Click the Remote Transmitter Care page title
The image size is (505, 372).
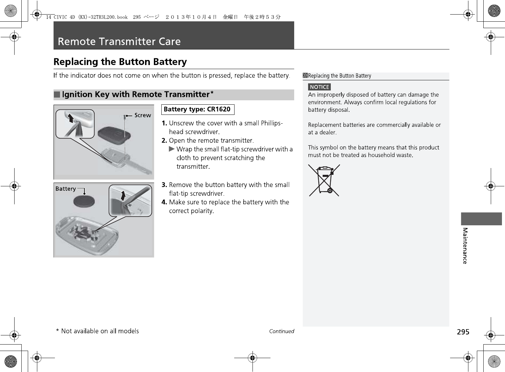pyautogui.click(x=119, y=41)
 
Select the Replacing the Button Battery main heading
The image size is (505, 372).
pyautogui.click(x=120, y=62)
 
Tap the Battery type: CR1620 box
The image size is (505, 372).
pyautogui.click(x=197, y=109)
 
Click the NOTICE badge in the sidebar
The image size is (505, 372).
pyautogui.click(x=319, y=87)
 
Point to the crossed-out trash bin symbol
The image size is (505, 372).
pyautogui.click(x=324, y=180)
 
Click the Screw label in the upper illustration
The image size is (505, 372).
pyautogui.click(x=142, y=115)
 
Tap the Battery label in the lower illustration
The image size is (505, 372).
pyautogui.click(x=65, y=189)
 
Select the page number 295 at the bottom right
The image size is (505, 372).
pyautogui.click(x=463, y=332)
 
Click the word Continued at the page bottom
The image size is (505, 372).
pyautogui.click(x=281, y=331)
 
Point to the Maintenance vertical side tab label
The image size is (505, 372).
pyautogui.click(x=465, y=246)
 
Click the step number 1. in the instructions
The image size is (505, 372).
pyautogui.click(x=164, y=123)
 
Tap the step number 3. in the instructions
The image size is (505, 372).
pyautogui.click(x=164, y=185)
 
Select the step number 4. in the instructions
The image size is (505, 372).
pyautogui.click(x=164, y=202)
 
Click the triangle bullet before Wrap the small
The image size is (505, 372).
pyautogui.click(x=172, y=149)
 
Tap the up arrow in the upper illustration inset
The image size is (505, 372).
pyautogui.click(x=70, y=118)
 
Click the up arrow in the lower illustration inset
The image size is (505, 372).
pyautogui.click(x=123, y=195)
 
